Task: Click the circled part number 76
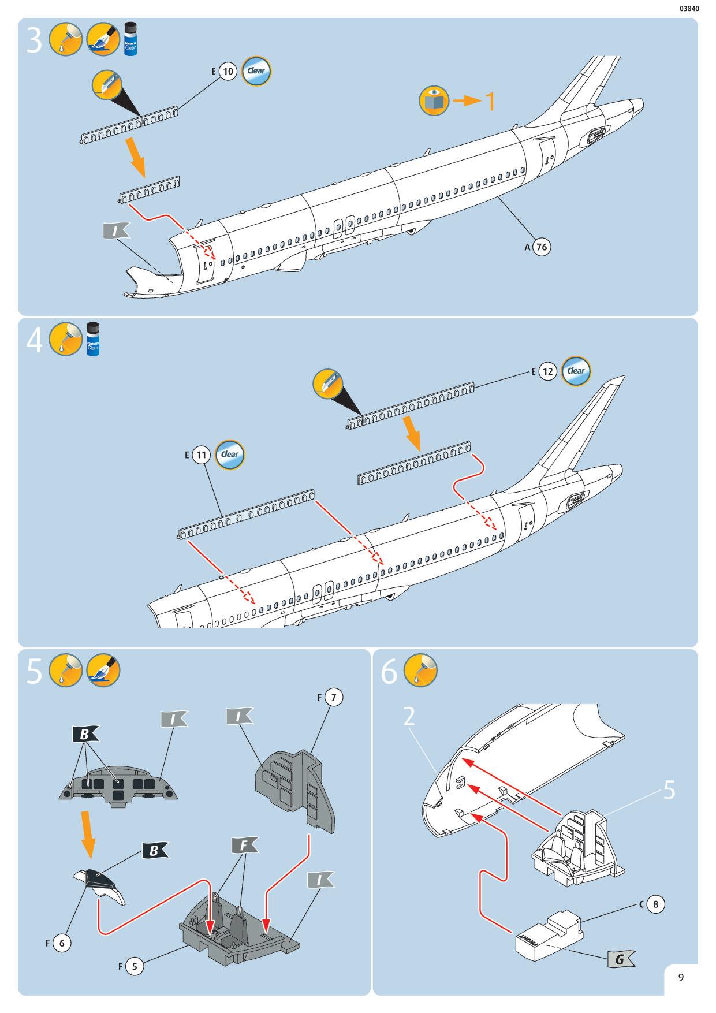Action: [541, 247]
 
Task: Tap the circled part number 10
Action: [228, 72]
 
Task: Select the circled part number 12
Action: [547, 371]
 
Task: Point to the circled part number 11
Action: [201, 455]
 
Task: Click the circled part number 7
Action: [333, 697]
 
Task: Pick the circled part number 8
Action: [655, 904]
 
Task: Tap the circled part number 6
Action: [61, 943]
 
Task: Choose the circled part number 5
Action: [134, 965]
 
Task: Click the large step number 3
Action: [34, 41]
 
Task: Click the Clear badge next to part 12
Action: [576, 371]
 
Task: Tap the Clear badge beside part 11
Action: [230, 455]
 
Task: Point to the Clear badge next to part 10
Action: [256, 71]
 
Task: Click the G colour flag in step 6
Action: [620, 959]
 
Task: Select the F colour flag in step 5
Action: [245, 846]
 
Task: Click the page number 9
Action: [681, 978]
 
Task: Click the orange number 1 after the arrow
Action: [488, 101]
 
